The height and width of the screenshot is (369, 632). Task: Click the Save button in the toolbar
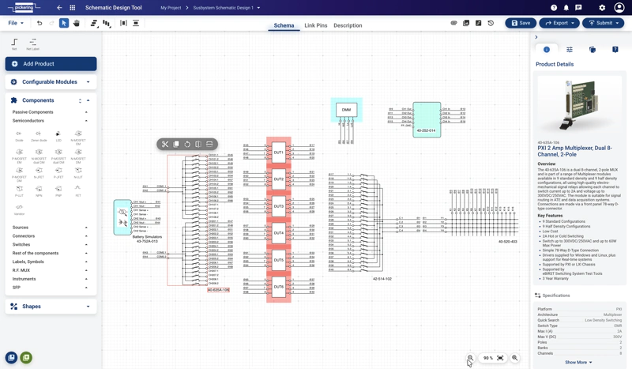tap(521, 23)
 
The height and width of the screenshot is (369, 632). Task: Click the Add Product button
tap(51, 64)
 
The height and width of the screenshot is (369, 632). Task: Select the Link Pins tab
tap(315, 25)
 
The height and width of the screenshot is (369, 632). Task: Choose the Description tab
tap(348, 25)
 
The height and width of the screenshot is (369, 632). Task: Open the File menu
tap(16, 23)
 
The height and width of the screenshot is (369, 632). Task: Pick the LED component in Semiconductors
tap(58, 135)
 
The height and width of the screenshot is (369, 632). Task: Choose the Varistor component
tap(19, 209)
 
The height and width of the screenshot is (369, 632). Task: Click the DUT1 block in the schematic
tap(279, 152)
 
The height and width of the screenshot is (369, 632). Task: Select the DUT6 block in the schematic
tap(279, 287)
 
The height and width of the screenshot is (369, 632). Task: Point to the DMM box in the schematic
tap(346, 110)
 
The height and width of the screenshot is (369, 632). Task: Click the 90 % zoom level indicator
tap(488, 358)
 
